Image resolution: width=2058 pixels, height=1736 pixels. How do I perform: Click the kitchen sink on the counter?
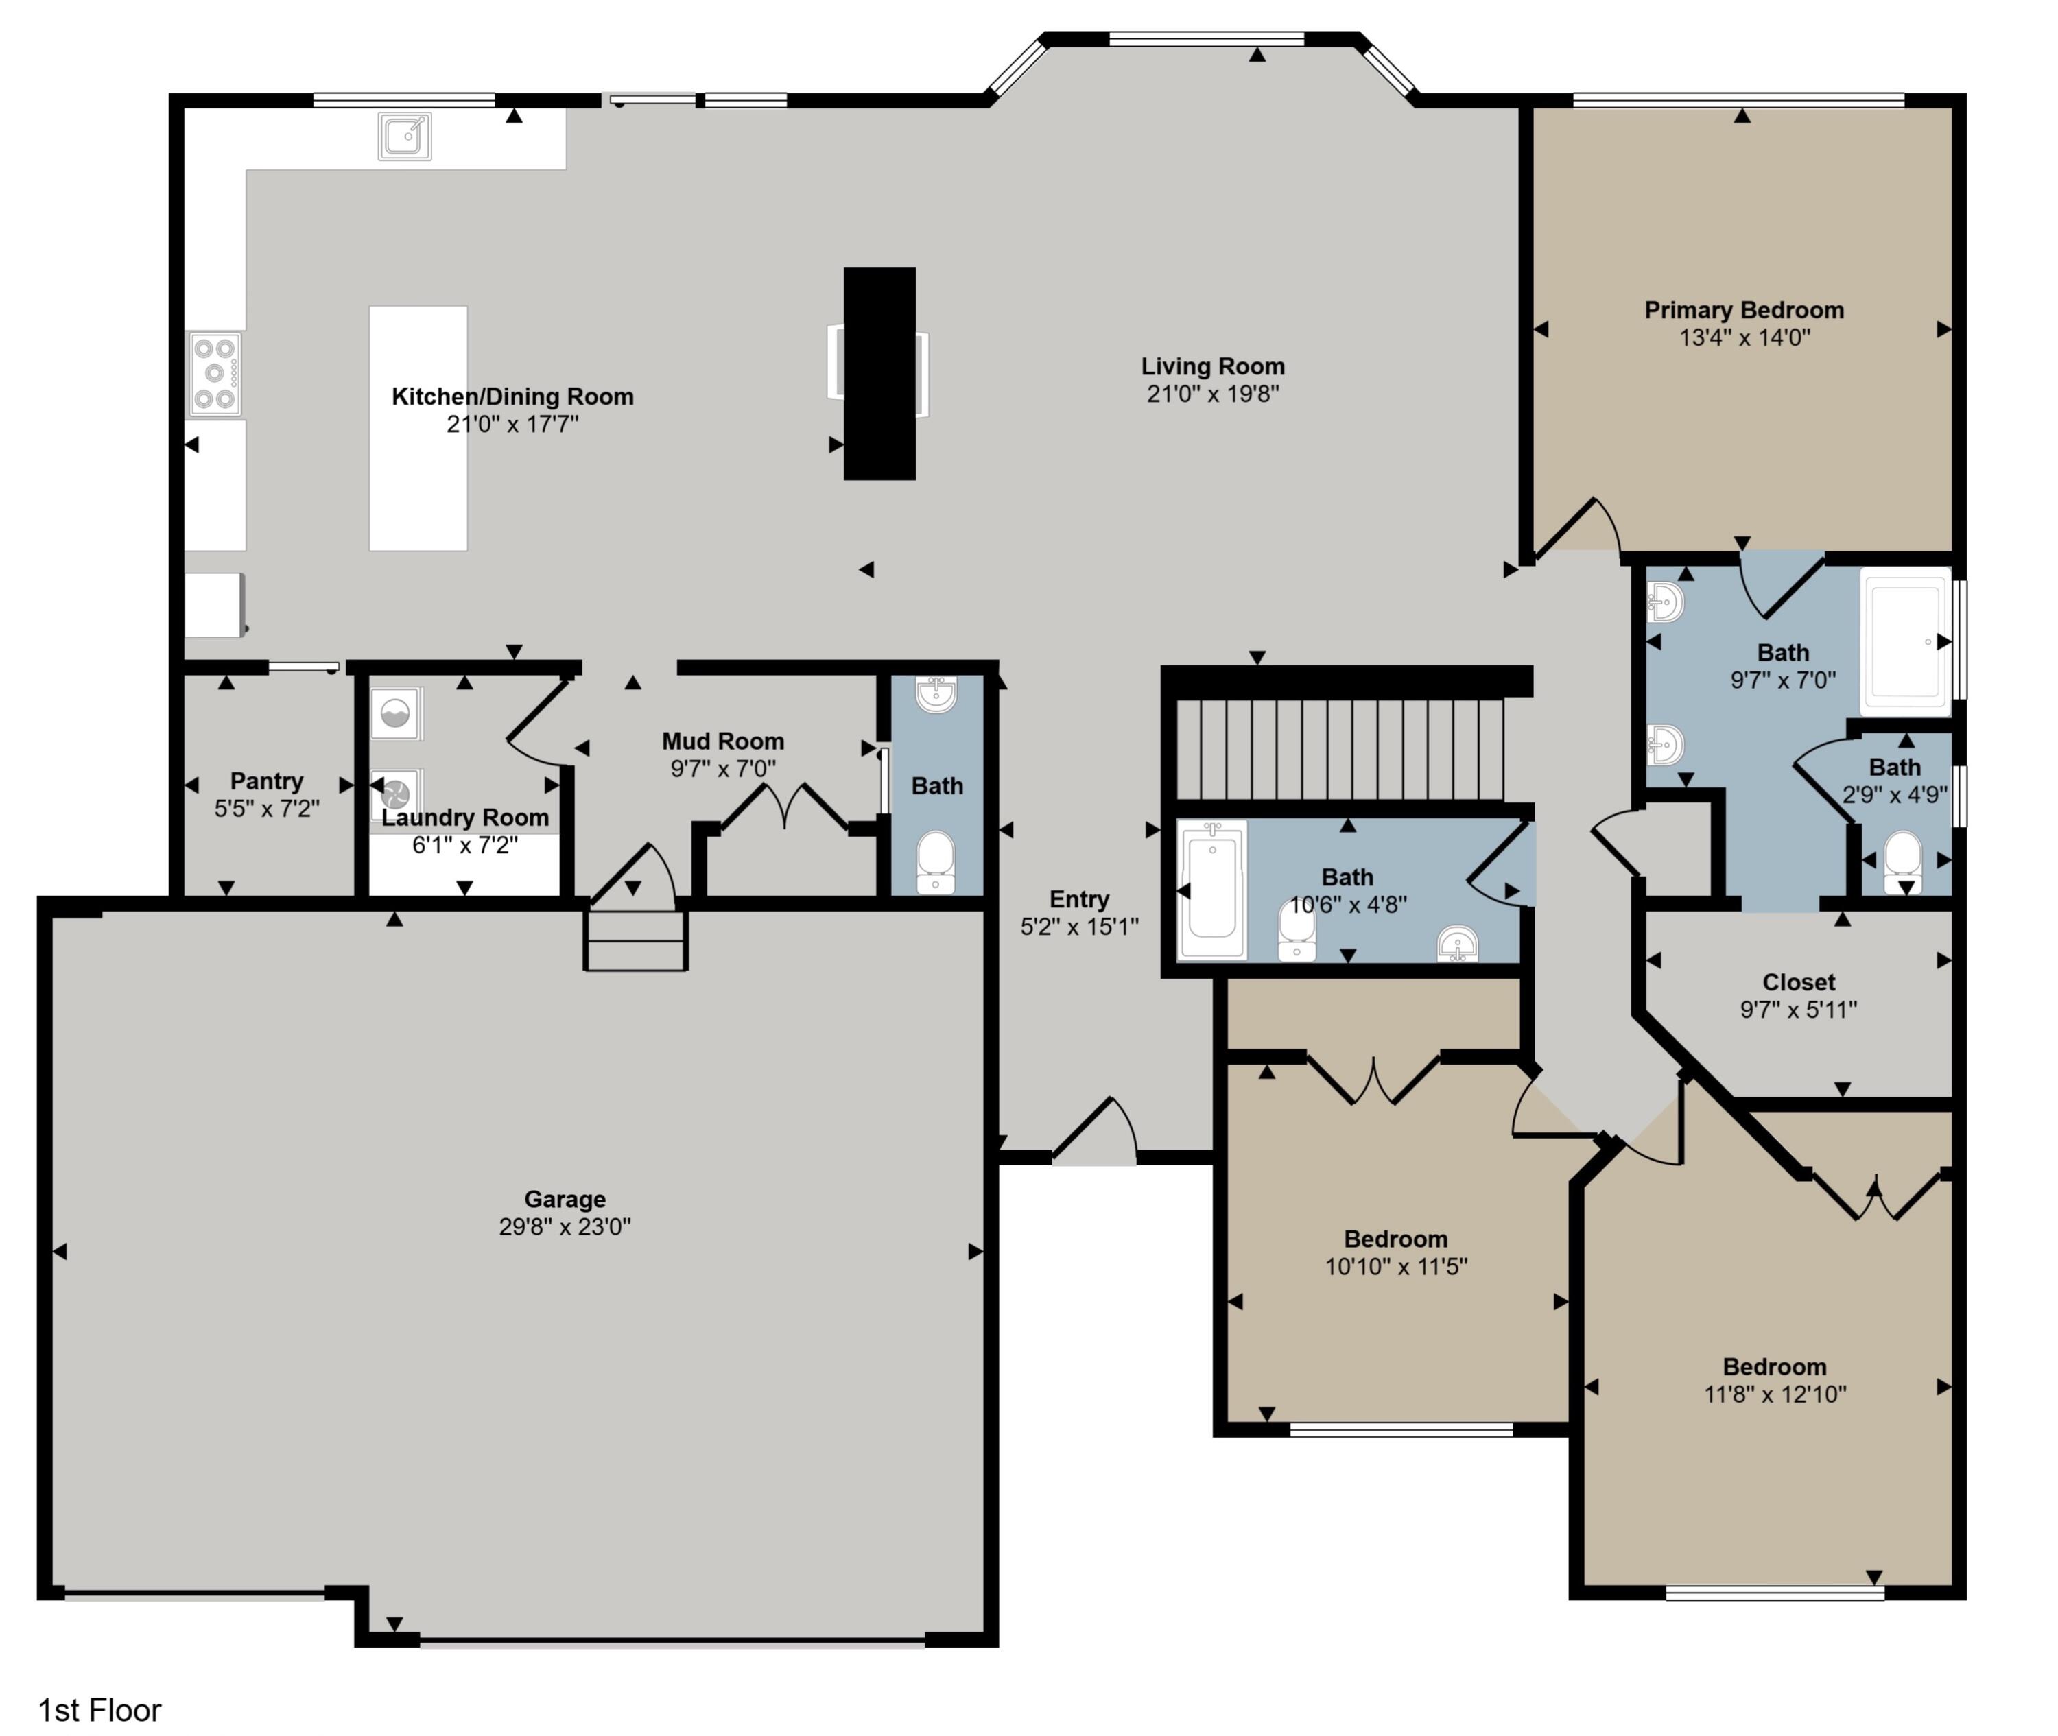click(405, 136)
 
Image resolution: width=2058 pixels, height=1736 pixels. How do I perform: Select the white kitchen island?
click(417, 428)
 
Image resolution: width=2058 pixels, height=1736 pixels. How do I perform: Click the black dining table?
click(879, 373)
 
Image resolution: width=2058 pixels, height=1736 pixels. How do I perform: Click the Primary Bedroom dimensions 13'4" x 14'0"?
click(1744, 337)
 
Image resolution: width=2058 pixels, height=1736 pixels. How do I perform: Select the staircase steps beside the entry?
click(1343, 748)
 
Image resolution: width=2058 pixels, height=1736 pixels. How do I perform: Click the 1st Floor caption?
click(99, 1709)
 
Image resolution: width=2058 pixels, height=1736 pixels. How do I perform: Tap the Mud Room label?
click(722, 741)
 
